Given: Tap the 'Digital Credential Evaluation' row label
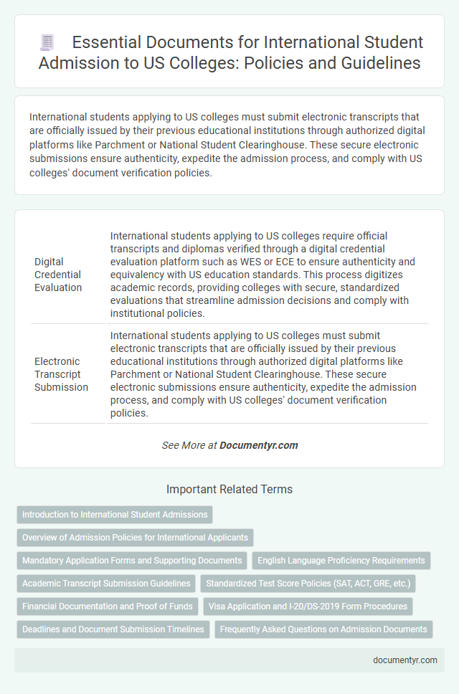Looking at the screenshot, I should pos(58,275).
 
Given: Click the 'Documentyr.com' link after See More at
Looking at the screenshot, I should pos(259,445).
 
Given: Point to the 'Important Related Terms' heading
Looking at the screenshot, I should pos(229,490).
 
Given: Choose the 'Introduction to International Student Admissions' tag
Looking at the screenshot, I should pos(115,515).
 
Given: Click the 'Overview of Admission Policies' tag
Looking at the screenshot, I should pos(135,538).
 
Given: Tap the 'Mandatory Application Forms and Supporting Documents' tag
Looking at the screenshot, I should pos(132,561).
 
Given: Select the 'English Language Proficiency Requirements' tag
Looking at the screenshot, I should pos(341,561).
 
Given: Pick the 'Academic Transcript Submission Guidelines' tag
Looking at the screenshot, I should pos(106,584).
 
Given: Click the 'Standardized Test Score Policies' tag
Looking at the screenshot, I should pos(308,584).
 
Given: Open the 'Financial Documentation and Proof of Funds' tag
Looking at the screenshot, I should pos(108,607).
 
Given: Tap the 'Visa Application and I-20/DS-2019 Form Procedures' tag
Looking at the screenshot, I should pos(308,607).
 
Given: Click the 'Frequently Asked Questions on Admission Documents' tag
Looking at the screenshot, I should pos(323,629).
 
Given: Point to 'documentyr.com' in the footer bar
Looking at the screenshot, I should pos(405,660).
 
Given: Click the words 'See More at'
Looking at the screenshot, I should pos(189,445).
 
